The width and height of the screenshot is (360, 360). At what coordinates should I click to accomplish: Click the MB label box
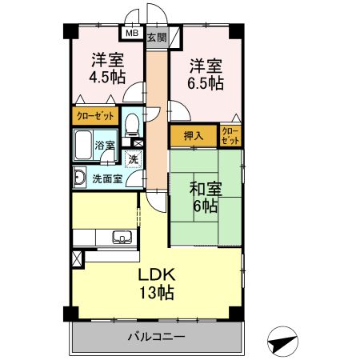[130, 34]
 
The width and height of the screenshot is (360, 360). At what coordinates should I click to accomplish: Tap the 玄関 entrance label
[156, 37]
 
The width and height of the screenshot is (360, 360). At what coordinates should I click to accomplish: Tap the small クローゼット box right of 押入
[230, 135]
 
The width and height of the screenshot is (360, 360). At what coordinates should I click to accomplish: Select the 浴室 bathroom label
[105, 146]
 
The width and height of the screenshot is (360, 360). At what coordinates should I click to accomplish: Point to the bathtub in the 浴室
[84, 146]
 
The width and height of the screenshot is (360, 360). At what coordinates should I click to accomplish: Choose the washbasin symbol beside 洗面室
[80, 178]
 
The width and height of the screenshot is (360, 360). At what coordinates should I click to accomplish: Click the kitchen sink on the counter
[122, 236]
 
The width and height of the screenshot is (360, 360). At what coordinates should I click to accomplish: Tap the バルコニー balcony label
[157, 337]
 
